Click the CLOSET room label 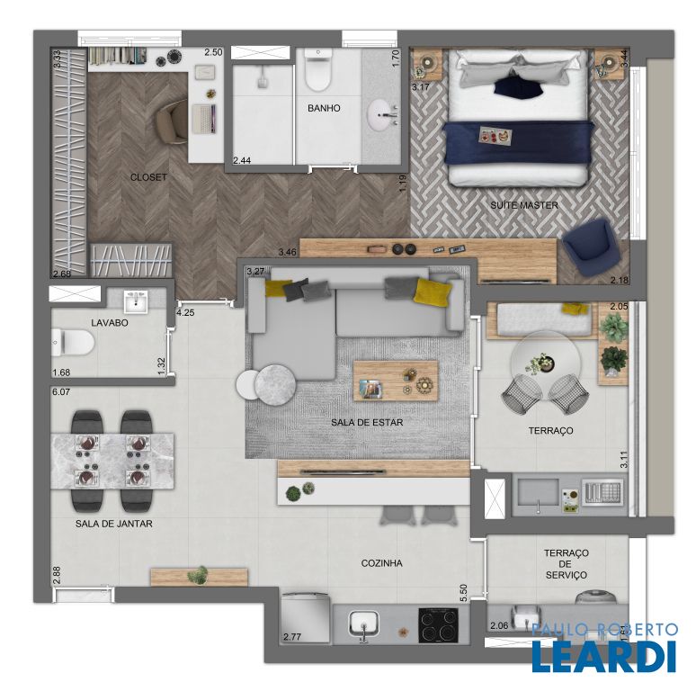tap(148, 177)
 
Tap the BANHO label tap(324, 108)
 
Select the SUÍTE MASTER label tap(524, 205)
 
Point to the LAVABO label tap(110, 323)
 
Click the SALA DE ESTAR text tap(367, 422)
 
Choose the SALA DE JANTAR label tap(113, 524)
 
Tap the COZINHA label tap(382, 563)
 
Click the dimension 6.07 tap(61, 392)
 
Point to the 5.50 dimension tap(464, 593)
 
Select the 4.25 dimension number tap(185, 312)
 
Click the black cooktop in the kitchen tap(439, 625)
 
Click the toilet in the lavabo tap(73, 343)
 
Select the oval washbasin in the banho tap(381, 115)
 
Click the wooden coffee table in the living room tap(396, 381)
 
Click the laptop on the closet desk tap(204, 119)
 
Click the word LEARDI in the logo tap(603, 656)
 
